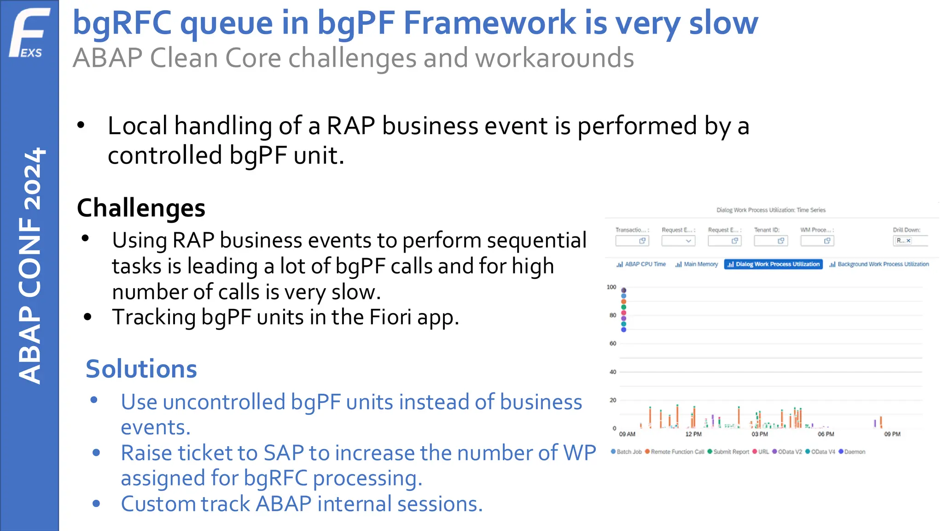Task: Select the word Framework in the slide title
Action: coord(489,23)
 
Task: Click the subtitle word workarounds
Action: coord(554,59)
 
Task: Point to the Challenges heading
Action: coord(141,208)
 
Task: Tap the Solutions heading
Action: coord(141,369)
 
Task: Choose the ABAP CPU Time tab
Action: coord(641,264)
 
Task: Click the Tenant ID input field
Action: coord(770,241)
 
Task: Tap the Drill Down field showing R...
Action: coord(909,241)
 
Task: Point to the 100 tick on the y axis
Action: coord(611,287)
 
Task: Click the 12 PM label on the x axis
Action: coord(693,434)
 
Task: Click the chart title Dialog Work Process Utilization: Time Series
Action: coord(771,210)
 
